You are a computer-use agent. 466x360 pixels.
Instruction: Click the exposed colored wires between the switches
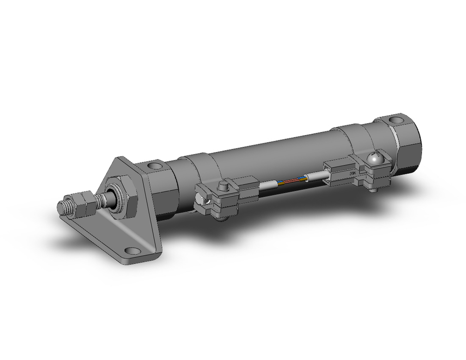click(x=291, y=179)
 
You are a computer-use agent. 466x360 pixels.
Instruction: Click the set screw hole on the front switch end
click(x=201, y=201)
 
